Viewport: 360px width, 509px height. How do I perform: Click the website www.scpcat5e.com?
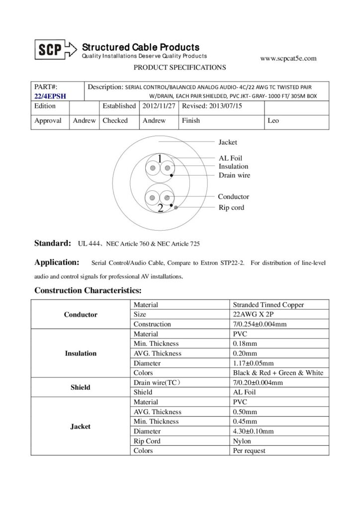pos(288,58)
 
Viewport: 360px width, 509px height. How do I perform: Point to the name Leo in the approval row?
pos(273,120)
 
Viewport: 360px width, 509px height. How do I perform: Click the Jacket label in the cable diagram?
pos(228,143)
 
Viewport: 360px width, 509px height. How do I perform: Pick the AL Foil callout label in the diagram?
pos(231,158)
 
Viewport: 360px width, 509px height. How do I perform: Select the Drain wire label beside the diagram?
pos(234,175)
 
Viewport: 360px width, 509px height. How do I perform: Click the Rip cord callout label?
pos(231,207)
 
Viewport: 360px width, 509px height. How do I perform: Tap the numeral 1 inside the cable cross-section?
pos(160,159)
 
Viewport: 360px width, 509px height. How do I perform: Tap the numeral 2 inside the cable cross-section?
pos(160,209)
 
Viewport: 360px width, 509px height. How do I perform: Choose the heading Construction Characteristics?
pos(89,290)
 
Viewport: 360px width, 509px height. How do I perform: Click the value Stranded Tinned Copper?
pos(268,305)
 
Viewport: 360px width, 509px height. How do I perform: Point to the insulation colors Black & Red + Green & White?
pos(278,373)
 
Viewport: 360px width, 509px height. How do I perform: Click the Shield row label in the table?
pos(81,387)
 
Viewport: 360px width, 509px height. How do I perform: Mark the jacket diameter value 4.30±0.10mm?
pos(253,431)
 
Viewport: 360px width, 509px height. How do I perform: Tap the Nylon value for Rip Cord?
pos(242,441)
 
